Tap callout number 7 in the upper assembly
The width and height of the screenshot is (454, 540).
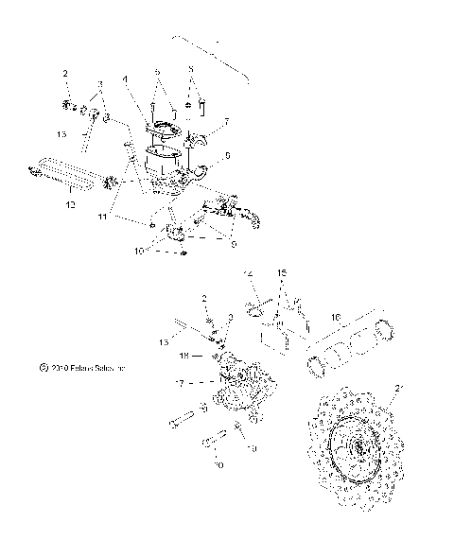pyautogui.click(x=227, y=122)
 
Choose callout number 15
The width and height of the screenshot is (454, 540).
pyautogui.click(x=280, y=272)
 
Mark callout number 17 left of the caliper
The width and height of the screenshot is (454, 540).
pyautogui.click(x=179, y=383)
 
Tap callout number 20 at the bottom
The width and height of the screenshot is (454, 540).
pyautogui.click(x=219, y=465)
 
